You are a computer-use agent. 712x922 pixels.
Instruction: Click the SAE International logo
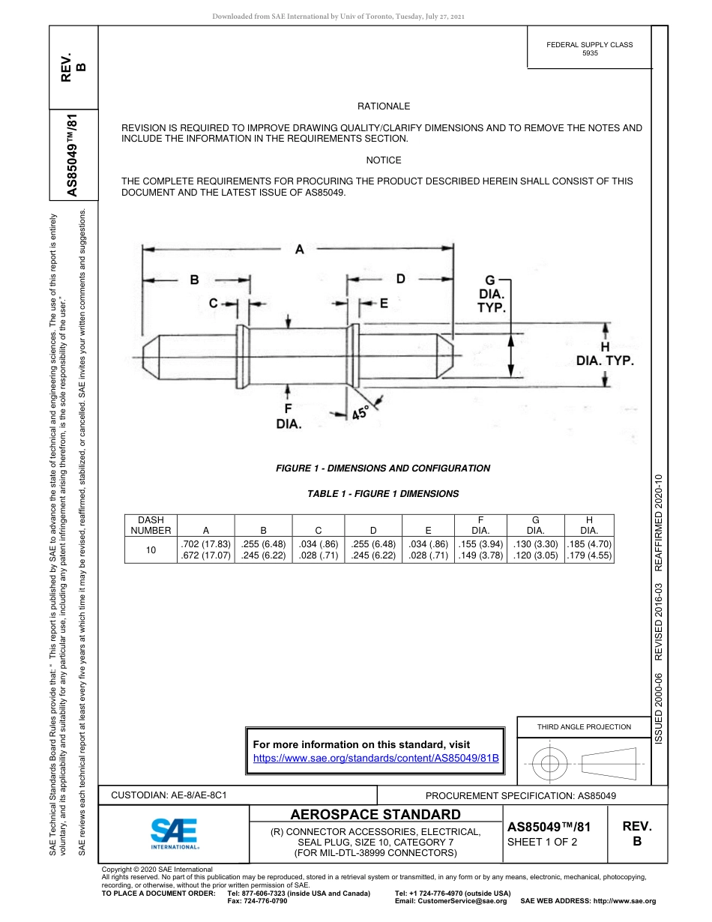174,832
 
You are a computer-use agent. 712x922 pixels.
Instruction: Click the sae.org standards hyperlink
376,758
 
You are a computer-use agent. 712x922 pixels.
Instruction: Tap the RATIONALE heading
383,106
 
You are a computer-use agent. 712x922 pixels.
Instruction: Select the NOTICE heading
383,160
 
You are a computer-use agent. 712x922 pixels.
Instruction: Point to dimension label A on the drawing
299,250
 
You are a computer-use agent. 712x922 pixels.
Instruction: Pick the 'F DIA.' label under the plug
289,416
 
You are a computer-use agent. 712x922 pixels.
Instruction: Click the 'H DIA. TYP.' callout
605,354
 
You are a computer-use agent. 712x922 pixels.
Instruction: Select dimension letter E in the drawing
384,303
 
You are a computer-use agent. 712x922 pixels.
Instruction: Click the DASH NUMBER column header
151,525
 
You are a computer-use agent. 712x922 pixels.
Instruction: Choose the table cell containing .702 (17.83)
205,543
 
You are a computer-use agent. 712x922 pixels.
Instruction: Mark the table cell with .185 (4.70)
588,543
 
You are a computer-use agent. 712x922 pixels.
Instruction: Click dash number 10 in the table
151,550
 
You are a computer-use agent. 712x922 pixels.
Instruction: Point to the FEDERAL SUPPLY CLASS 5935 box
589,49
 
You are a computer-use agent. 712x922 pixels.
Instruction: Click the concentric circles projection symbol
550,764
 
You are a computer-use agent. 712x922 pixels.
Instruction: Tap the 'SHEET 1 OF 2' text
543,842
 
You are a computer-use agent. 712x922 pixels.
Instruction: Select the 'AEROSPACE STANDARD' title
375,815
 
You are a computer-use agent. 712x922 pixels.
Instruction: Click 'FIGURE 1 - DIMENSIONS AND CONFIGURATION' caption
383,468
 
